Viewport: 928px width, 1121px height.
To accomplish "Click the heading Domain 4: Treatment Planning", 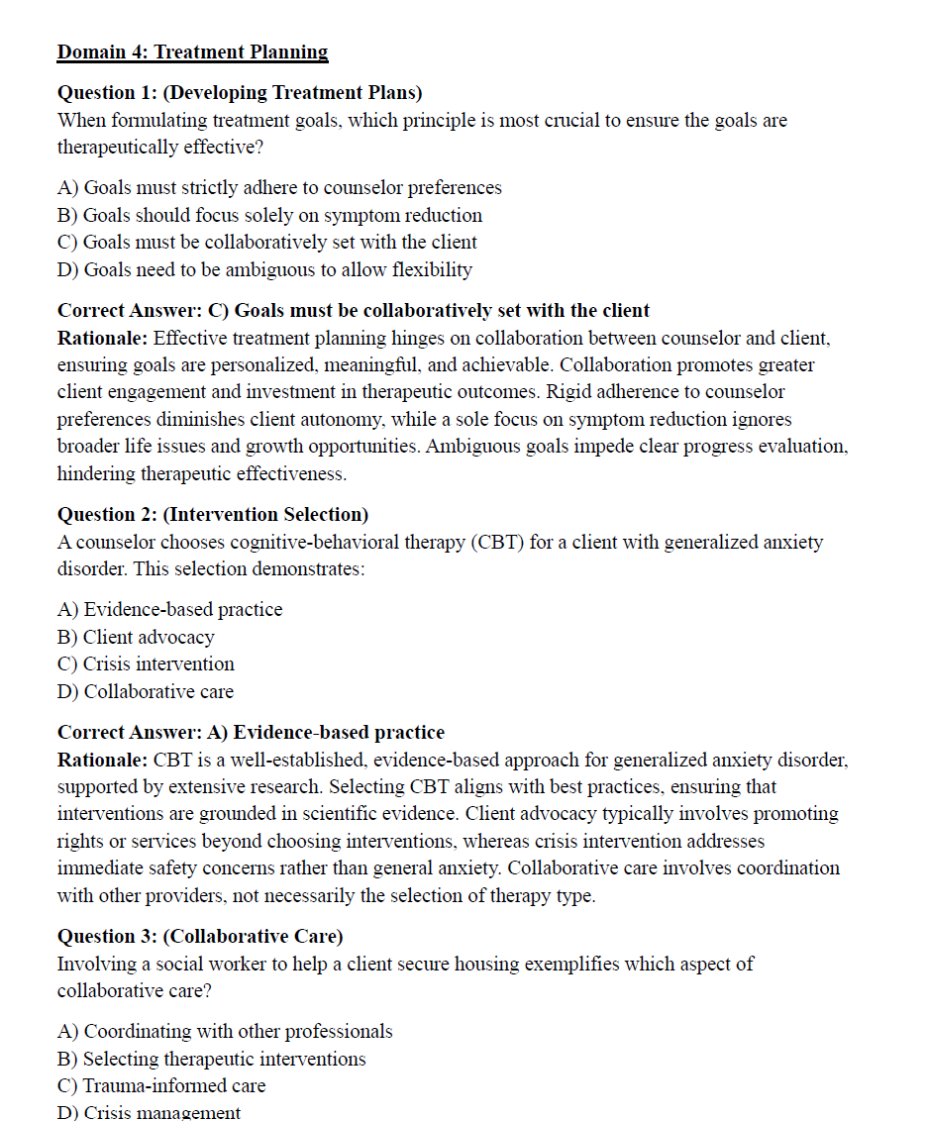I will tap(192, 52).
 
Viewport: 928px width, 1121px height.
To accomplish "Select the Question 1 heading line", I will tap(240, 93).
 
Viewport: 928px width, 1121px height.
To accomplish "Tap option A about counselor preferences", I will tap(279, 187).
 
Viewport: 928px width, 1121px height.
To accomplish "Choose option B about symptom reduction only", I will tap(269, 215).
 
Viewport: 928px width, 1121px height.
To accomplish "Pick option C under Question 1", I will tap(267, 242).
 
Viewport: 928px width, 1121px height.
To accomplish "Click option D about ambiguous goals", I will tap(264, 269).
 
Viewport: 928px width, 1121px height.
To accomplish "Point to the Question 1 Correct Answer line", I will tap(354, 311).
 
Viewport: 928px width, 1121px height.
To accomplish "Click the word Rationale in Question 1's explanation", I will tap(102, 338).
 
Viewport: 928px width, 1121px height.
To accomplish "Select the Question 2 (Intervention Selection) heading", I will tap(213, 515).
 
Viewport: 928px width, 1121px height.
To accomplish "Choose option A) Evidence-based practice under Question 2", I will tap(169, 609).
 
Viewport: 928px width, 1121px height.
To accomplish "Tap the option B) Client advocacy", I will tap(136, 637).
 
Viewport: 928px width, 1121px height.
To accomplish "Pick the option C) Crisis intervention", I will tap(146, 663).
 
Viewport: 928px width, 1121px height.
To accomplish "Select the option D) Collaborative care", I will tap(146, 691).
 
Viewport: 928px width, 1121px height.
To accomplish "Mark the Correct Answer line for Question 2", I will tap(251, 733).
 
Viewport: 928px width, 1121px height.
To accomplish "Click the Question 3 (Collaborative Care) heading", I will tap(200, 937).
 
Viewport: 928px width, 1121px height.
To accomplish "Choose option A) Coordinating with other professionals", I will tap(225, 1031).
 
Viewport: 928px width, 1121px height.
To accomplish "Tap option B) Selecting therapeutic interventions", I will tap(211, 1059).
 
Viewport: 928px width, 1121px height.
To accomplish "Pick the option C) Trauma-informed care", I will tap(161, 1085).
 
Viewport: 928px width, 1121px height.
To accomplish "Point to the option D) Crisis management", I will tap(149, 1112).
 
